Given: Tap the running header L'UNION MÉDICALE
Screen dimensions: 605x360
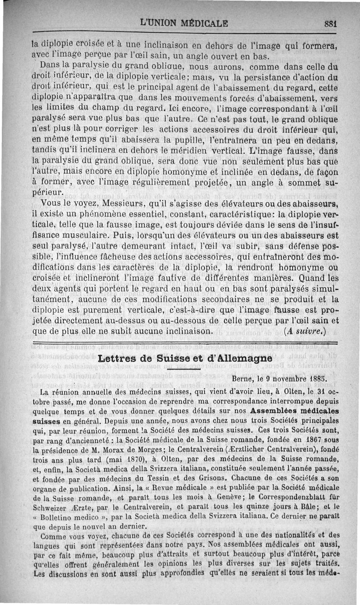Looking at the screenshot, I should (x=184, y=22).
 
